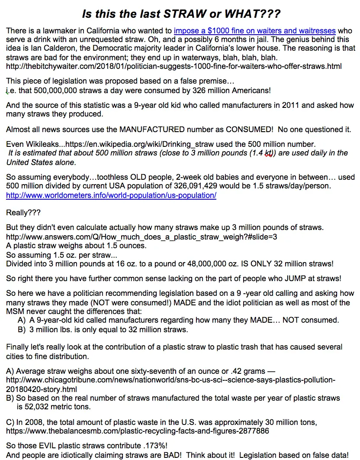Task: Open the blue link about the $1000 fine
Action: (x=254, y=31)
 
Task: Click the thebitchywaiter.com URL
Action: (x=174, y=66)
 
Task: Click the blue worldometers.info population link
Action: (x=111, y=195)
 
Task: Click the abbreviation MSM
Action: (x=14, y=311)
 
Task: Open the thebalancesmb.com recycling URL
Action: (x=138, y=431)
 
